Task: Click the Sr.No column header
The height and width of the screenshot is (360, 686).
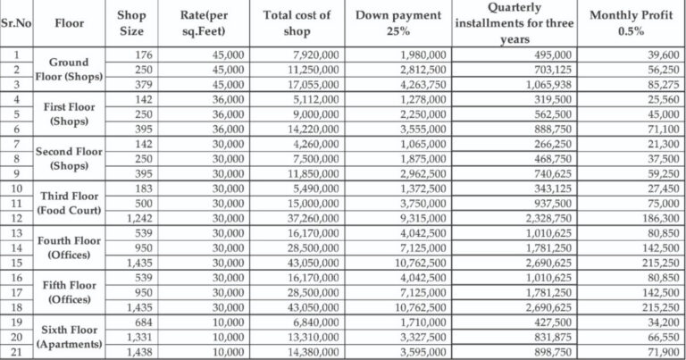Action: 16,24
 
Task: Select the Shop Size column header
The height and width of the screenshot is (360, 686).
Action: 131,24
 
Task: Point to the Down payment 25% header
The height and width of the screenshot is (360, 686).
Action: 398,24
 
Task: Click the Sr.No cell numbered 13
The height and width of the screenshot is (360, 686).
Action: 16,231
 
